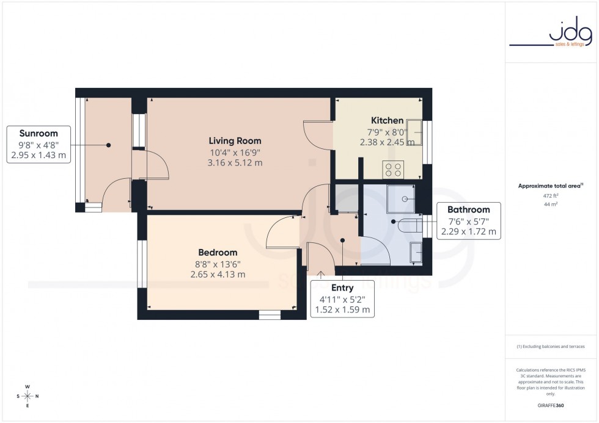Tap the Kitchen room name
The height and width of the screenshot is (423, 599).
point(387,120)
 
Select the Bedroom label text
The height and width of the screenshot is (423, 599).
point(218,252)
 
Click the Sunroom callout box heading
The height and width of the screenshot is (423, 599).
point(39,134)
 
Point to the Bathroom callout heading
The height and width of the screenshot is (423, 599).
point(468,210)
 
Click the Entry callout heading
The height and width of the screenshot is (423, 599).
point(342,287)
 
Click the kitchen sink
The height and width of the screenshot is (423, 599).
point(415,129)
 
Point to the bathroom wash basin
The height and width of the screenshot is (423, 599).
point(415,251)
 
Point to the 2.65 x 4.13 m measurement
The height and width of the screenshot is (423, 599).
point(218,274)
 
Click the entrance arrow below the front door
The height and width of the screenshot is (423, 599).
point(321,273)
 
